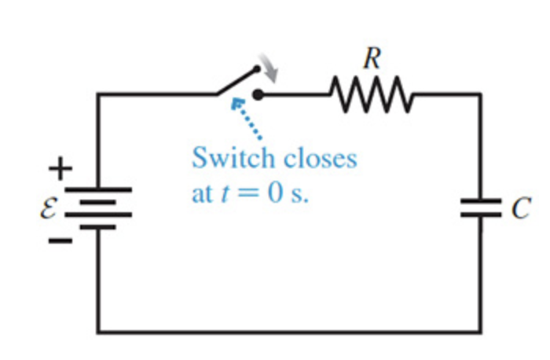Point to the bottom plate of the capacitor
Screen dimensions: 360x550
click(x=481, y=215)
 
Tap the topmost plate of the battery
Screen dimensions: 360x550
click(x=98, y=190)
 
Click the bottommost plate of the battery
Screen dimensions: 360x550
click(x=98, y=226)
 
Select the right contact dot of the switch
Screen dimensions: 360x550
click(x=259, y=95)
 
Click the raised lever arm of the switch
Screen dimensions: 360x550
click(x=238, y=82)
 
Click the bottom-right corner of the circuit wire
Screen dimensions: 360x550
click(x=481, y=331)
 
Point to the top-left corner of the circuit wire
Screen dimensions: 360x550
click(x=98, y=94)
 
